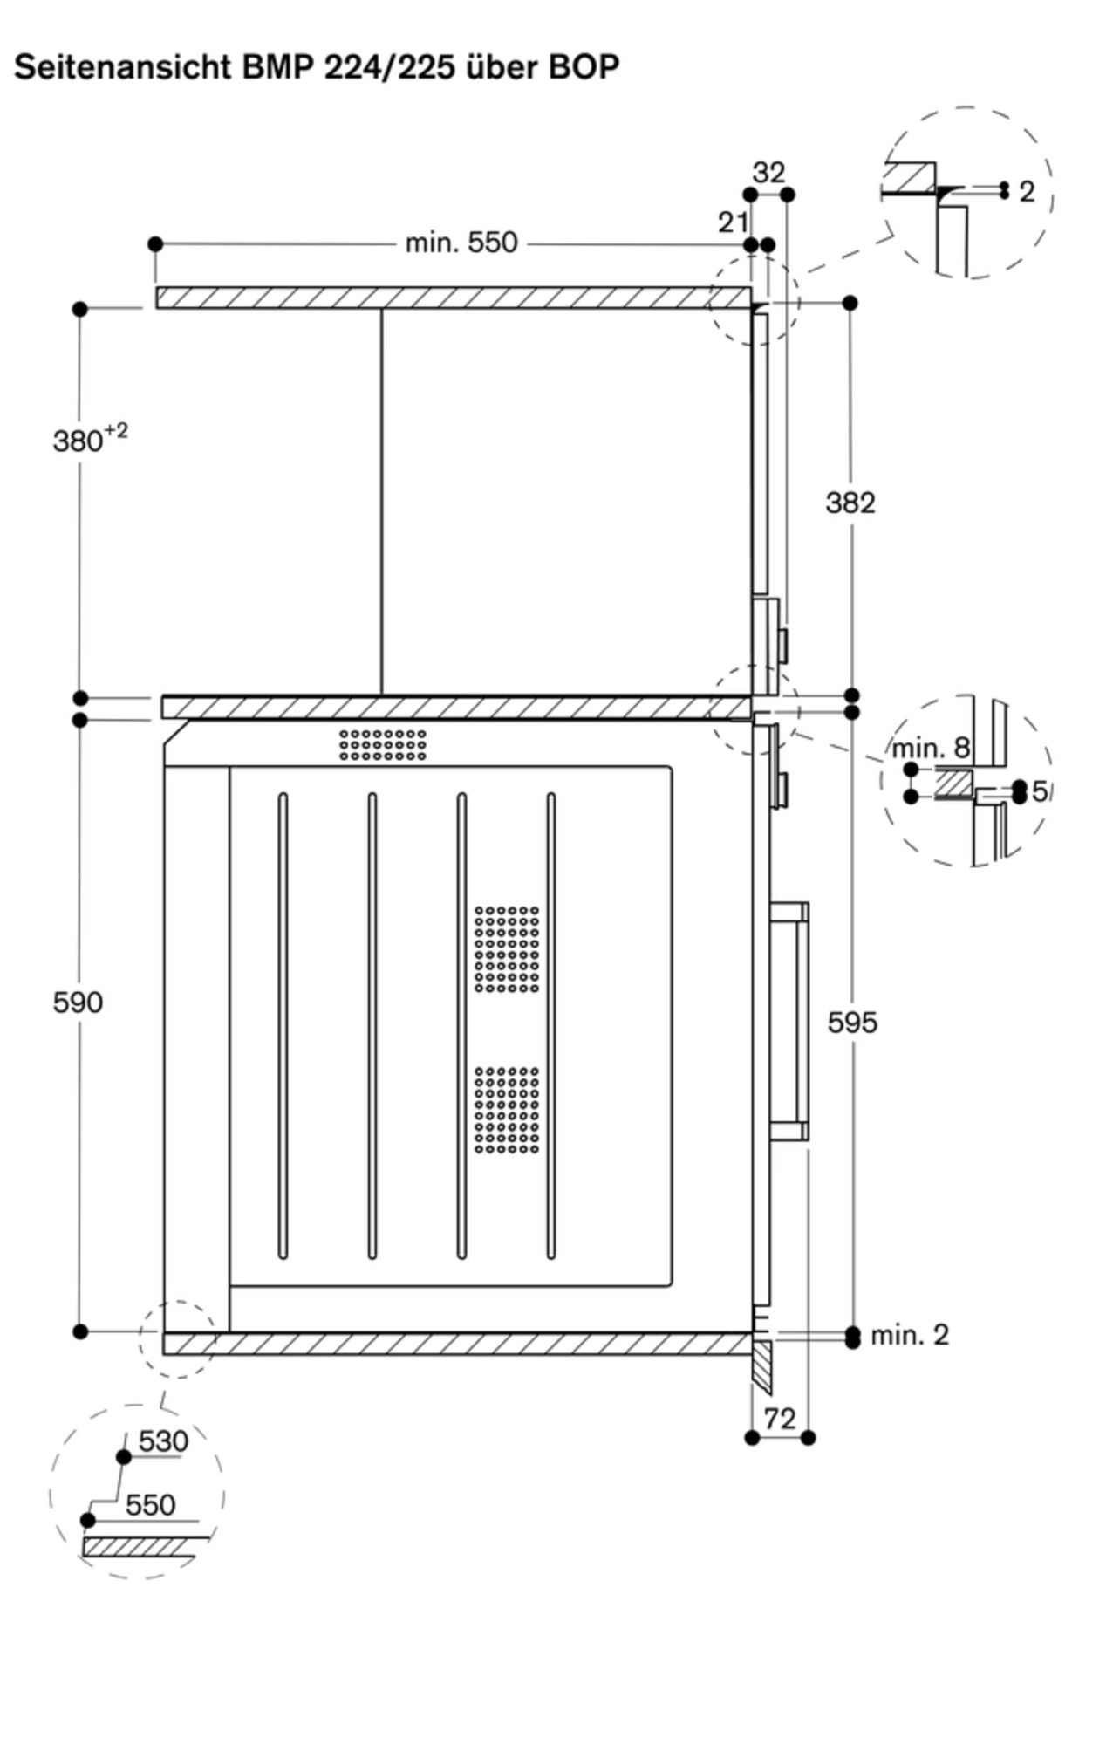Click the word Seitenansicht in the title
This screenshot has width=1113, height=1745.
point(121,67)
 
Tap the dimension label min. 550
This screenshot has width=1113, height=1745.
point(461,243)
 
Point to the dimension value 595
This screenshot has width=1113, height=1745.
point(852,1022)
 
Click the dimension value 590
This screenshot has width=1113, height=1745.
point(78,1002)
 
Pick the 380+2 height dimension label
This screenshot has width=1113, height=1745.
point(90,439)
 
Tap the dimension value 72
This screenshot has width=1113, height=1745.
point(780,1419)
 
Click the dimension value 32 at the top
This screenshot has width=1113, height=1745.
point(768,173)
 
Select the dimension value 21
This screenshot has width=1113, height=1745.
point(734,222)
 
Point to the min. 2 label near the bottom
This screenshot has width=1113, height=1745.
point(910,1334)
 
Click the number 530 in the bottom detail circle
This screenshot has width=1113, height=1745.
point(163,1440)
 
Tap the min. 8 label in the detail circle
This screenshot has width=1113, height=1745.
point(931,748)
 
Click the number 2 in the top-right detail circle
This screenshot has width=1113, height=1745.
point(1027,191)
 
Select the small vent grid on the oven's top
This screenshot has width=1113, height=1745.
point(383,744)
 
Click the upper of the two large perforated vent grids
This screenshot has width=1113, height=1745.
point(507,948)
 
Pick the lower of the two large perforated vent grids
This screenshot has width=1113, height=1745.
point(507,1109)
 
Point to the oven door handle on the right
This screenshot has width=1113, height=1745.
point(789,1022)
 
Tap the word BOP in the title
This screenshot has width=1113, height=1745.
point(584,67)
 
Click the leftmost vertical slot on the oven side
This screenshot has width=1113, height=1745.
point(283,1025)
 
